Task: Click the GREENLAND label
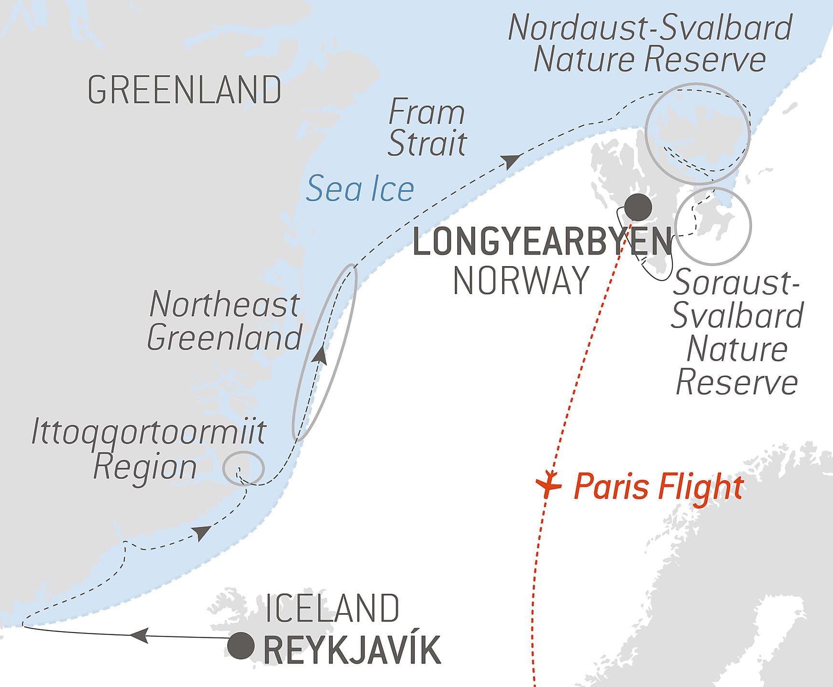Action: tap(184, 90)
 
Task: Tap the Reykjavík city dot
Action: tap(241, 646)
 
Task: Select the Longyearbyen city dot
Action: tap(638, 207)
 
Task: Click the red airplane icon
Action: tap(548, 484)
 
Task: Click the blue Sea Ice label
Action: tap(360, 189)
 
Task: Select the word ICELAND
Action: tap(332, 608)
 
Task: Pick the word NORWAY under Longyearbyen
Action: tap(521, 281)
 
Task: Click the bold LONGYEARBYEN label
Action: tap(543, 242)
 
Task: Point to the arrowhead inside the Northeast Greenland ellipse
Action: tap(319, 355)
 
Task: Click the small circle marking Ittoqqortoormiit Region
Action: tap(244, 467)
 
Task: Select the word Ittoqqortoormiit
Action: tap(149, 432)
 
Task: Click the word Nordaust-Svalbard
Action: tap(650, 28)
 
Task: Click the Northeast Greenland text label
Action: tap(224, 321)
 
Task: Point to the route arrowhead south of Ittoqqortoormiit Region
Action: tap(201, 533)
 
